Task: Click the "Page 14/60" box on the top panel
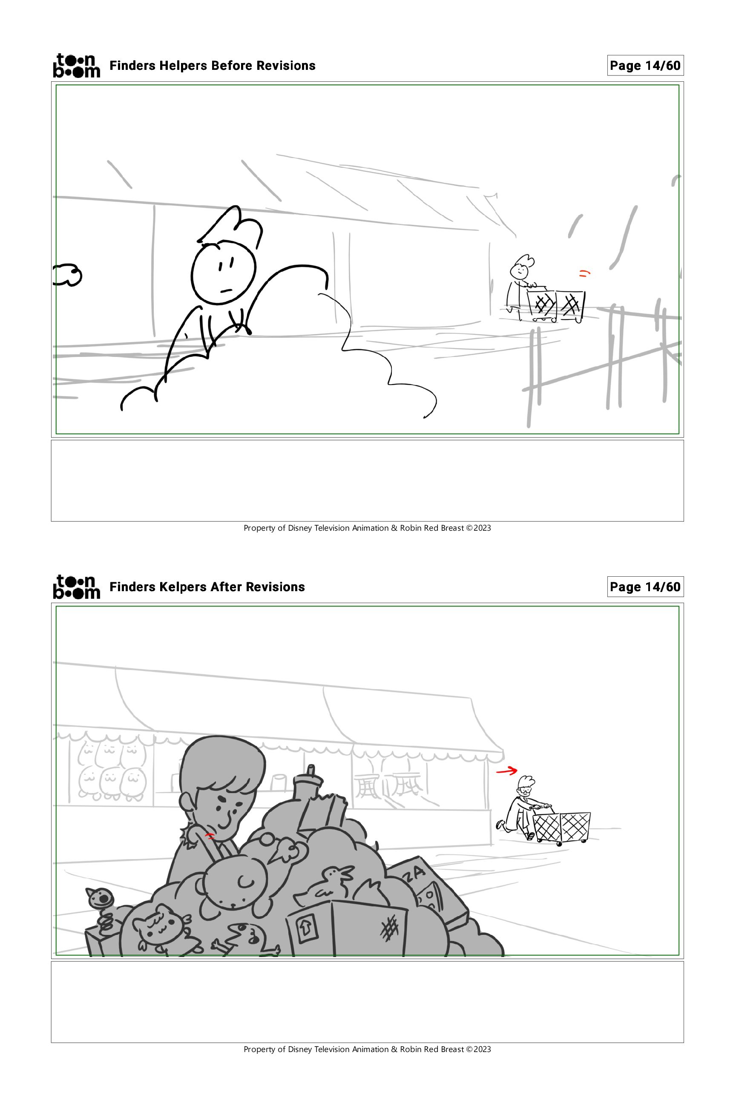click(x=645, y=66)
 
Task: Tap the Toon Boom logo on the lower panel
click(x=77, y=587)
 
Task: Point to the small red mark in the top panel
click(x=584, y=273)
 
